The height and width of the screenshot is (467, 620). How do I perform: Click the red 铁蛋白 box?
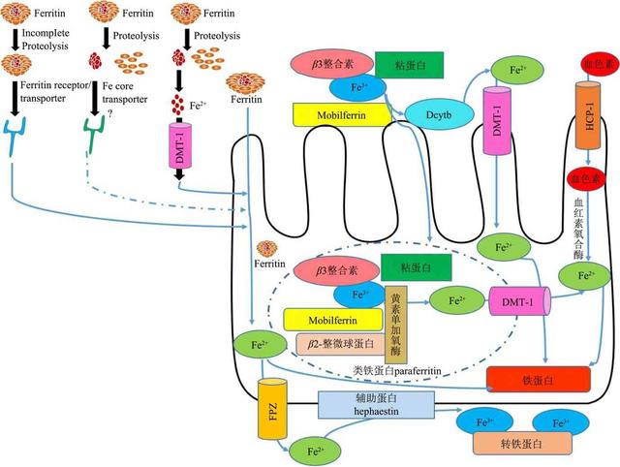539,379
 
